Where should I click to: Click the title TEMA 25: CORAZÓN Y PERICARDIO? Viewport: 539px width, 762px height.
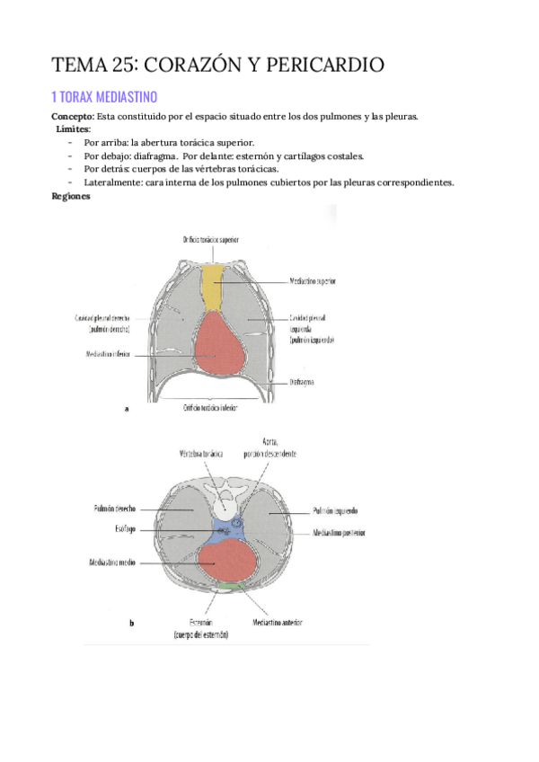pyautogui.click(x=218, y=65)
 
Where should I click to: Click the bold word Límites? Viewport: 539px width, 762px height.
pyautogui.click(x=73, y=129)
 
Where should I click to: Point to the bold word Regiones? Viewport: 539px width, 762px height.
pyautogui.click(x=71, y=196)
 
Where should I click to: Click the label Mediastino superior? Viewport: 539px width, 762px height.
pyautogui.click(x=314, y=280)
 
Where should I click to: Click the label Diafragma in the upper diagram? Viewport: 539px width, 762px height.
pyautogui.click(x=301, y=381)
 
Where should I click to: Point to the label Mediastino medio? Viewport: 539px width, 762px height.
pyautogui.click(x=111, y=563)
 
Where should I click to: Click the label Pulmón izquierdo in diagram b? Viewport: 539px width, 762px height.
pyautogui.click(x=337, y=509)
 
